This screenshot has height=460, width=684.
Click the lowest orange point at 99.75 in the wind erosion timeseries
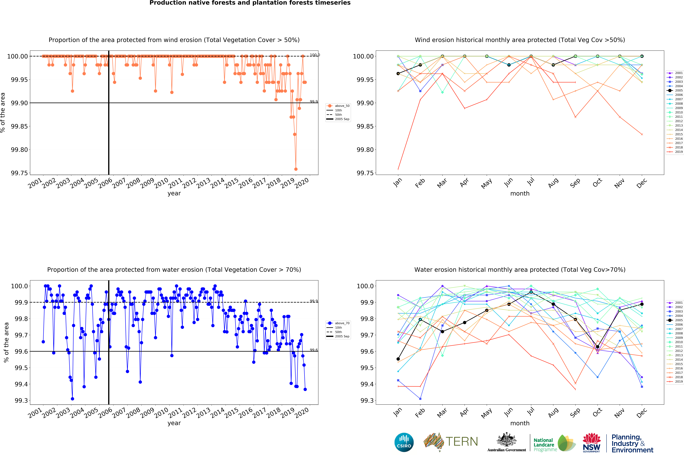[296, 169]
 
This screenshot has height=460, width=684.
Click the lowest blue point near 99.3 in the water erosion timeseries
[72, 399]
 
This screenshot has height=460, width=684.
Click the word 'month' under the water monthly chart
[520, 423]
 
